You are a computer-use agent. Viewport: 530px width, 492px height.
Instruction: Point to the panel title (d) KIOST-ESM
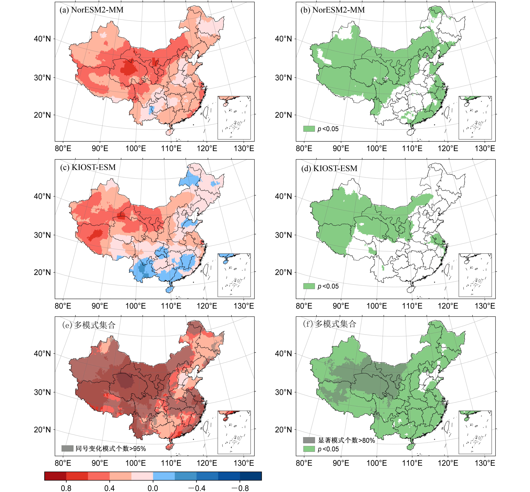tap(329, 168)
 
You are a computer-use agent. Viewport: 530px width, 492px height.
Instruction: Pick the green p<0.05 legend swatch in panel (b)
tap(309, 129)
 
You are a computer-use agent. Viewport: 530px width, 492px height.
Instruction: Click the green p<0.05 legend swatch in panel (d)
tap(309, 286)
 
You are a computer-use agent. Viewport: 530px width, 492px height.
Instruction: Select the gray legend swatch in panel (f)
tap(309, 440)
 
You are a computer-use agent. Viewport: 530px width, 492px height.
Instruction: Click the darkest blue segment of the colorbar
tap(251, 476)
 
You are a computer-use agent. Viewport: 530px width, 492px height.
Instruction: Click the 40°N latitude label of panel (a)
tap(42, 39)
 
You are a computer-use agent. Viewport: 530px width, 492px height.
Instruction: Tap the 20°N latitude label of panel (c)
tap(42, 272)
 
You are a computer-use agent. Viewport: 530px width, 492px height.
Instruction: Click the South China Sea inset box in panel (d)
tap(475, 275)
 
